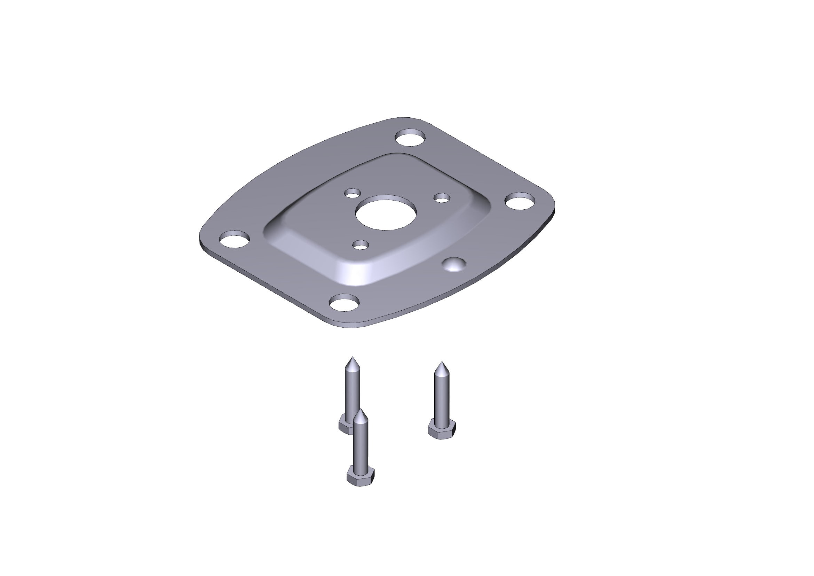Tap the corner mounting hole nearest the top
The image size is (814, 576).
pyautogui.click(x=411, y=138)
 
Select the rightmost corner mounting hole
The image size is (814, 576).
pyautogui.click(x=520, y=201)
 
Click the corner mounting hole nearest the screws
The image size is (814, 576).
pyautogui.click(x=344, y=303)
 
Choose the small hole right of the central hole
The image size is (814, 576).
pyautogui.click(x=442, y=198)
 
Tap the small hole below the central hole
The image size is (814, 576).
pyautogui.click(x=361, y=244)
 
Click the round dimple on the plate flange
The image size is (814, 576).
pyautogui.click(x=455, y=264)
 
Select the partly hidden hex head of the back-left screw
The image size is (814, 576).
pyautogui.click(x=345, y=425)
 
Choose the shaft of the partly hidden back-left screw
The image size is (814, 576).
pyautogui.click(x=352, y=390)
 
